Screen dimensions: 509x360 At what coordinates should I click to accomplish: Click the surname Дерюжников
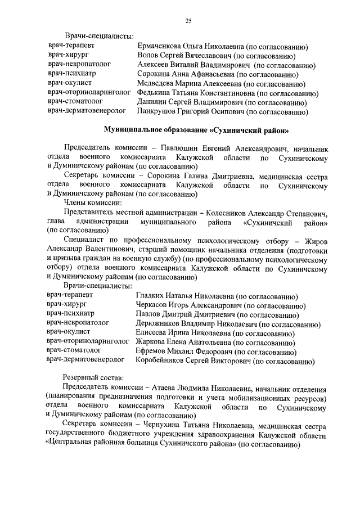point(161,325)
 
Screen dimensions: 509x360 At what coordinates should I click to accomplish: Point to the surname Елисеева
point(154,334)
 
